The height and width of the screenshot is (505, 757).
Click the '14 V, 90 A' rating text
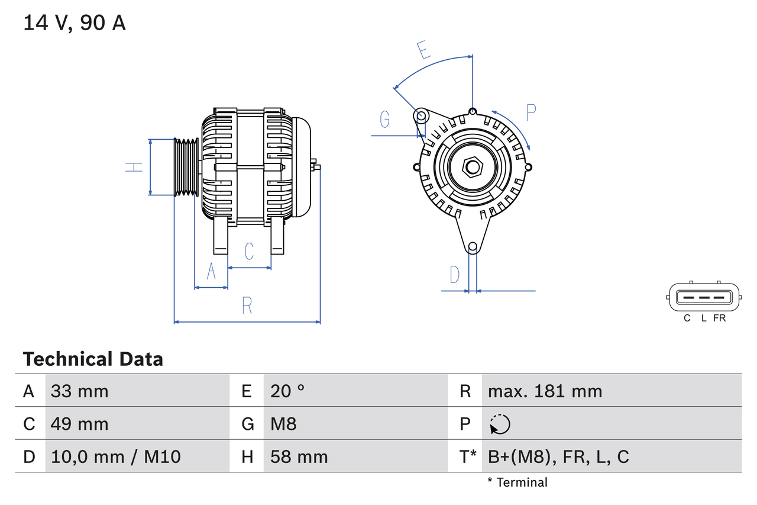tap(75, 23)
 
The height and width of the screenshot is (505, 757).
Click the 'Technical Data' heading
tap(93, 359)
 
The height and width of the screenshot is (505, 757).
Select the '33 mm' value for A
tap(79, 391)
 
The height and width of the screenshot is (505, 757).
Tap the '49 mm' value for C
tap(79, 424)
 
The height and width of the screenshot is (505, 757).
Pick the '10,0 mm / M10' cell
tap(115, 456)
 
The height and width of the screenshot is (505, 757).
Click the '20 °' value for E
tap(287, 391)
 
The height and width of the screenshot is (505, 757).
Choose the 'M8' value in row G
tap(283, 424)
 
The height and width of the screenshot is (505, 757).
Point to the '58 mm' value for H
tap(299, 456)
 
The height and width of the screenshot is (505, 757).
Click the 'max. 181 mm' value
tap(545, 391)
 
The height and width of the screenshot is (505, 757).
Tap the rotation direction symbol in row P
tap(500, 424)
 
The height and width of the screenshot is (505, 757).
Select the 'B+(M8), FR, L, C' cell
tap(558, 456)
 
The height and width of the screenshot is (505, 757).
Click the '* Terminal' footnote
tap(517, 483)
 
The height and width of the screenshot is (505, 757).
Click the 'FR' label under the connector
tap(719, 319)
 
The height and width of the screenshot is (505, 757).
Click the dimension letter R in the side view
tap(247, 305)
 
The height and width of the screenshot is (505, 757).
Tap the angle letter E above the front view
tap(423, 51)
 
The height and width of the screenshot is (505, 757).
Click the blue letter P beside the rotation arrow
tap(530, 112)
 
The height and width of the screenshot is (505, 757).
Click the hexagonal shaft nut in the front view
tap(472, 167)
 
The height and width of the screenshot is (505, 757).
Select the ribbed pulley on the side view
tap(186, 167)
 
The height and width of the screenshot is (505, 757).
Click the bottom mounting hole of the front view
tap(472, 247)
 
